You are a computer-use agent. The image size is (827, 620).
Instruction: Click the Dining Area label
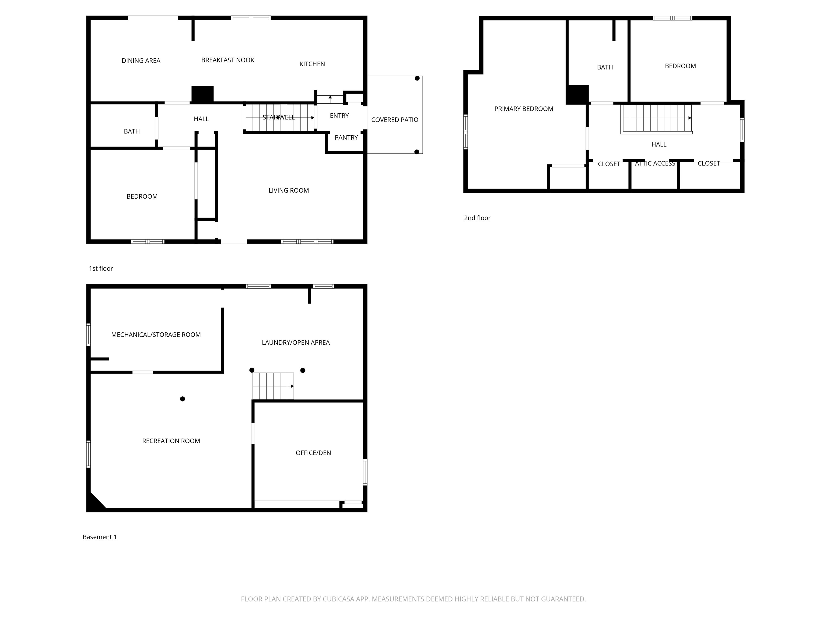141,61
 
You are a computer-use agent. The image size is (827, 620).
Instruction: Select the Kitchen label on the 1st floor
312,64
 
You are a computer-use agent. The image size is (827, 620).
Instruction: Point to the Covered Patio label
395,119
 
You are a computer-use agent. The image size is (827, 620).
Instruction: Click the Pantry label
346,138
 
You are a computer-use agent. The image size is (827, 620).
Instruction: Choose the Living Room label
289,190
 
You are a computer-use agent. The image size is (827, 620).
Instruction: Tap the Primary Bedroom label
524,109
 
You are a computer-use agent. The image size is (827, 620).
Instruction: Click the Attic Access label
655,163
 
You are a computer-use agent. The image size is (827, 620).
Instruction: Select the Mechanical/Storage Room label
156,334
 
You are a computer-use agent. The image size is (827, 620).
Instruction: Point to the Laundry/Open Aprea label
296,342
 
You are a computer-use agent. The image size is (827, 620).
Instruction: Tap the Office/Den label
313,453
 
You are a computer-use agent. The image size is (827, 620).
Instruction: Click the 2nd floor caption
477,218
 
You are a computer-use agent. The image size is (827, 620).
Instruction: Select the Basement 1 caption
100,537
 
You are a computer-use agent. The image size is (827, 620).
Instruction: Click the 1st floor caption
101,268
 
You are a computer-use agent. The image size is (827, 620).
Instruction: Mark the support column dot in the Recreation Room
183,399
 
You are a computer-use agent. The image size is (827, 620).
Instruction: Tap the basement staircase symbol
273,386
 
